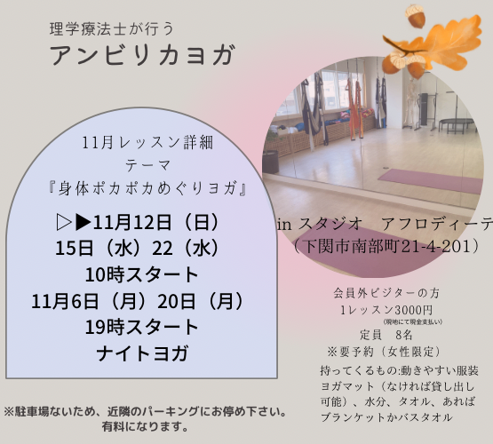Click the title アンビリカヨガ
click(x=142, y=55)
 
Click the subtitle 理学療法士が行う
click(x=112, y=29)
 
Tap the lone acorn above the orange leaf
click(x=415, y=16)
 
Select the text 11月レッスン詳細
click(x=147, y=143)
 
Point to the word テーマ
click(x=147, y=165)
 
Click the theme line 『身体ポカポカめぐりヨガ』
click(x=147, y=188)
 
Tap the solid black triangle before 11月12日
click(x=83, y=223)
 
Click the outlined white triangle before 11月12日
click(x=64, y=223)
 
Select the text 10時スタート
click(x=141, y=274)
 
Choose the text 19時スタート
click(x=141, y=327)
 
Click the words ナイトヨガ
click(x=142, y=353)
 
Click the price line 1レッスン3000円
click(x=386, y=310)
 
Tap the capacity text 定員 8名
click(x=386, y=336)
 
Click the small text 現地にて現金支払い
click(x=413, y=321)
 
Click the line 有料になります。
click(x=145, y=426)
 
